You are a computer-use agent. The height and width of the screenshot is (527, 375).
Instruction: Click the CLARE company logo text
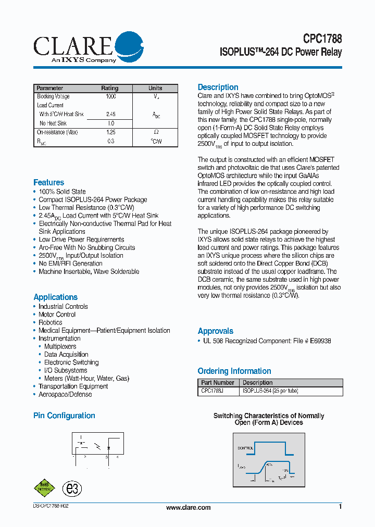tap(73, 46)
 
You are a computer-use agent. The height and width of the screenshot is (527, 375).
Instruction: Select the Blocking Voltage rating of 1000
tap(110, 96)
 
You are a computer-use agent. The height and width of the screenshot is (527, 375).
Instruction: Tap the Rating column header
tap(109, 88)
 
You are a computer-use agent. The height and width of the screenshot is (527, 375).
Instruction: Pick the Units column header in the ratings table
tap(155, 88)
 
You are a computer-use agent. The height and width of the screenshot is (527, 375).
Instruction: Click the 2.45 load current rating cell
tap(110, 114)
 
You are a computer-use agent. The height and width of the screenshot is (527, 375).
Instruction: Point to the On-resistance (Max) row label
tap(57, 132)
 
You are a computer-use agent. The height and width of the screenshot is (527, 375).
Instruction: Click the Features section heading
tap(49, 182)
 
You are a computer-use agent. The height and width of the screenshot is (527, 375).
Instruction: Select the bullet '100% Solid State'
tap(62, 192)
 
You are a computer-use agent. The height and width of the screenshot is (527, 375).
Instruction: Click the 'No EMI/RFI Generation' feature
tap(70, 263)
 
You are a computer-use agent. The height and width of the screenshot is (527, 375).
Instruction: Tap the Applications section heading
tap(55, 297)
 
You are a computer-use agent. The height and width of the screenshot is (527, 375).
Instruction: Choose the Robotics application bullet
tap(50, 322)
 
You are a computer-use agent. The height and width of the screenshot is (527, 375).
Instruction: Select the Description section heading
tap(218, 87)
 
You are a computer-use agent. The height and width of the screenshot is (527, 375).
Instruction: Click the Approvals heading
tap(215, 331)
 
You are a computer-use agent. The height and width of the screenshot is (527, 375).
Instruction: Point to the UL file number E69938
tap(320, 341)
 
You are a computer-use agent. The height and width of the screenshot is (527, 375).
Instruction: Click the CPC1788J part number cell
tap(213, 391)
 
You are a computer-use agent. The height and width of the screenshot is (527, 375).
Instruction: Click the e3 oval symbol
tap(72, 488)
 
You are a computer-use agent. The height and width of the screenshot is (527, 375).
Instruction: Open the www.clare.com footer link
tap(188, 507)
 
